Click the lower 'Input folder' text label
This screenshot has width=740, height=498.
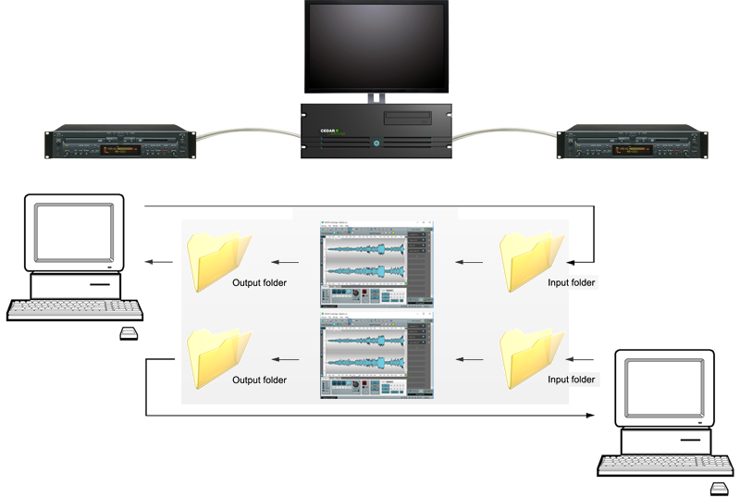click(573, 380)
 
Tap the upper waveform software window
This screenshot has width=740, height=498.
click(374, 264)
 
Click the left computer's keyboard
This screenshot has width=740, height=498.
click(75, 310)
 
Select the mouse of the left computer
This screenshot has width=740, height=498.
click(129, 333)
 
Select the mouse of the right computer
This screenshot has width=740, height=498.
click(718, 487)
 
